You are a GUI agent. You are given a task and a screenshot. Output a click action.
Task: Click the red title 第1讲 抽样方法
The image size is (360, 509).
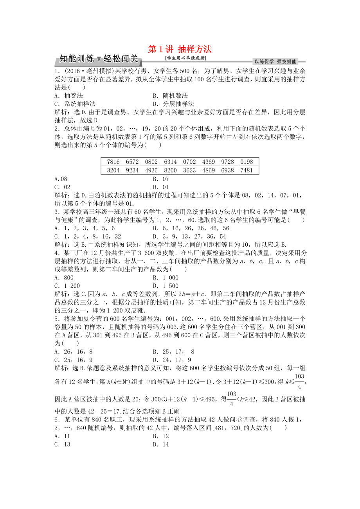coord(180,49)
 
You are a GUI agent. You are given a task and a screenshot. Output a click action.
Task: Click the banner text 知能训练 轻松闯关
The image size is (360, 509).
coord(98,59)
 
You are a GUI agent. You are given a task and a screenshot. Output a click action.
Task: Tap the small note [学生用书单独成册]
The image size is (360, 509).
coord(185,59)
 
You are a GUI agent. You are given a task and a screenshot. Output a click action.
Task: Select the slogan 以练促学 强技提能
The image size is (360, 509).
coord(275,61)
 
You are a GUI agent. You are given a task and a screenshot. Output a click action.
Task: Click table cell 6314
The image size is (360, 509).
coord(170,162)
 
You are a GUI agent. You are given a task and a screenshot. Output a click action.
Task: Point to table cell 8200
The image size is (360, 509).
coord(170,170)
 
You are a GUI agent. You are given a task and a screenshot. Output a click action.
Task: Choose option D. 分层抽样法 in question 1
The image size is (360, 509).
coord(173,104)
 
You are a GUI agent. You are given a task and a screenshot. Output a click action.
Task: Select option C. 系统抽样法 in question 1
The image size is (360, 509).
coord(75,104)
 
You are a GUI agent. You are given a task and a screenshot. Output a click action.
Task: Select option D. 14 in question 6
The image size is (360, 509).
coord(160,444)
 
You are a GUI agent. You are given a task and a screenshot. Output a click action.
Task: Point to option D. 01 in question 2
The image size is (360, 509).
coord(160,187)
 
